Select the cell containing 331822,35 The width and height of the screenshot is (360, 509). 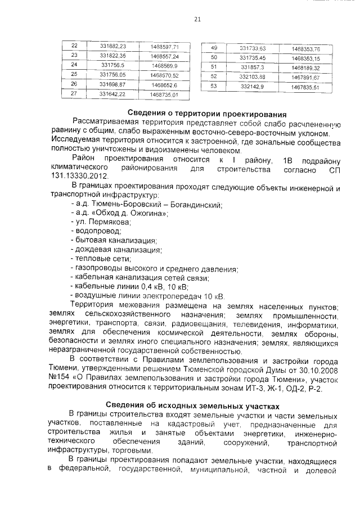point(112,56)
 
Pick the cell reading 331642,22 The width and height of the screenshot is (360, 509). point(112,94)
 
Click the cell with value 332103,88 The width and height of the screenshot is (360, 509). point(252,77)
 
